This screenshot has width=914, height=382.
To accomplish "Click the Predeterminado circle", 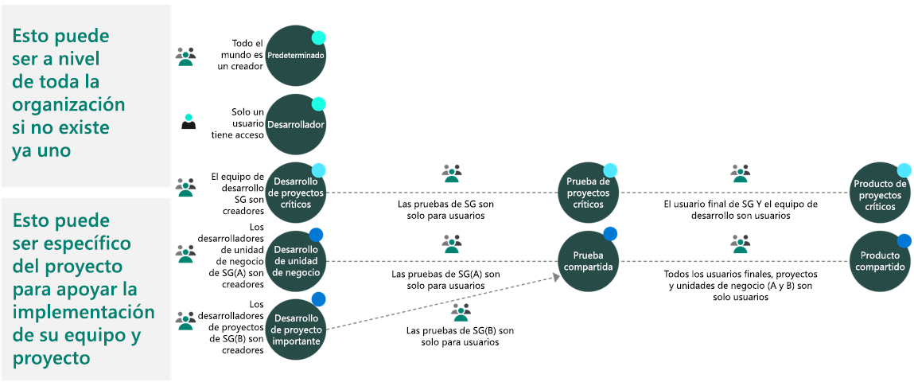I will (295, 57).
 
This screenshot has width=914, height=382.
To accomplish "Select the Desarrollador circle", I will (295, 125).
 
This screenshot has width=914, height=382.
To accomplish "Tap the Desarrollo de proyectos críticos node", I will (295, 193).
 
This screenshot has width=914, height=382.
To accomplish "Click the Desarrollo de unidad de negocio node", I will (295, 260).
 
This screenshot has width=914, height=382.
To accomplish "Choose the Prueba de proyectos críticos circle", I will (588, 193).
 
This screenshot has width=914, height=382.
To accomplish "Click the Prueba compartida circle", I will (588, 260).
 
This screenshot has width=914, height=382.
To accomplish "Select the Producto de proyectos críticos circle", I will (880, 193).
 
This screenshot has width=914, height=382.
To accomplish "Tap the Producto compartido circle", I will (880, 260).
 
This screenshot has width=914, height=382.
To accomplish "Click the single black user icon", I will (189, 123).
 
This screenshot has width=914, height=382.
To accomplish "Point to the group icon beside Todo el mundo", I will (185, 56).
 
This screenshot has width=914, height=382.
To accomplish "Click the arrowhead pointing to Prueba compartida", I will (554, 276).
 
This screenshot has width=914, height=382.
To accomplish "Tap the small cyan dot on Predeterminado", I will (318, 37).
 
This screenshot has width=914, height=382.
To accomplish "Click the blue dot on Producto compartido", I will (904, 241).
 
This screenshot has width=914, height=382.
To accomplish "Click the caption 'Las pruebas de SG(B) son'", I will (460, 330).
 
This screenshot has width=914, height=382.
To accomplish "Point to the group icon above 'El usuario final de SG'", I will (741, 173).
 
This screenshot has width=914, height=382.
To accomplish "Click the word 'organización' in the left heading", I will (68, 105).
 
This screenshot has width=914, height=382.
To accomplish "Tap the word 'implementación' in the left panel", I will (83, 311).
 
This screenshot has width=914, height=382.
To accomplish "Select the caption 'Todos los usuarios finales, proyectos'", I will (741, 274).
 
